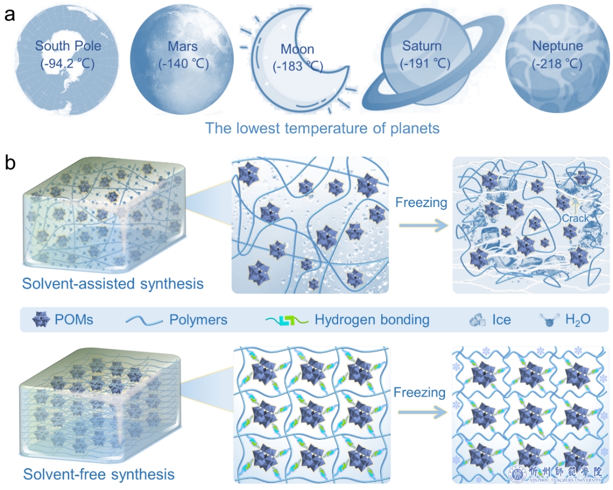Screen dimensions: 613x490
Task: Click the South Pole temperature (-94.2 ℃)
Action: [x=68, y=63]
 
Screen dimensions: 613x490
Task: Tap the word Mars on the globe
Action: [x=183, y=46]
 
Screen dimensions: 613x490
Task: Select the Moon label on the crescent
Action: [x=297, y=49]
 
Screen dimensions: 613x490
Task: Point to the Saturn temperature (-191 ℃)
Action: [x=425, y=63]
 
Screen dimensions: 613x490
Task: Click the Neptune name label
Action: [x=557, y=46]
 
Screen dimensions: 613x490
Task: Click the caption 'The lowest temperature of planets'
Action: [x=322, y=128]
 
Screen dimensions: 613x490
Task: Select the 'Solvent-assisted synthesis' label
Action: [x=113, y=283]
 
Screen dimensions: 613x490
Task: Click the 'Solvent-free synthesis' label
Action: [x=99, y=474]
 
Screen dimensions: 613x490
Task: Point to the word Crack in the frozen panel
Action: [x=575, y=218]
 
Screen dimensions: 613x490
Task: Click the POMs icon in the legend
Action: [x=41, y=320]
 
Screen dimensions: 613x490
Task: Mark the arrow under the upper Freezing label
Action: [x=423, y=225]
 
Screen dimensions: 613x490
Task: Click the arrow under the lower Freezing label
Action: [x=422, y=412]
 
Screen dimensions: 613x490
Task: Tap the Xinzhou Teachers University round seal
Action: [x=517, y=474]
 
